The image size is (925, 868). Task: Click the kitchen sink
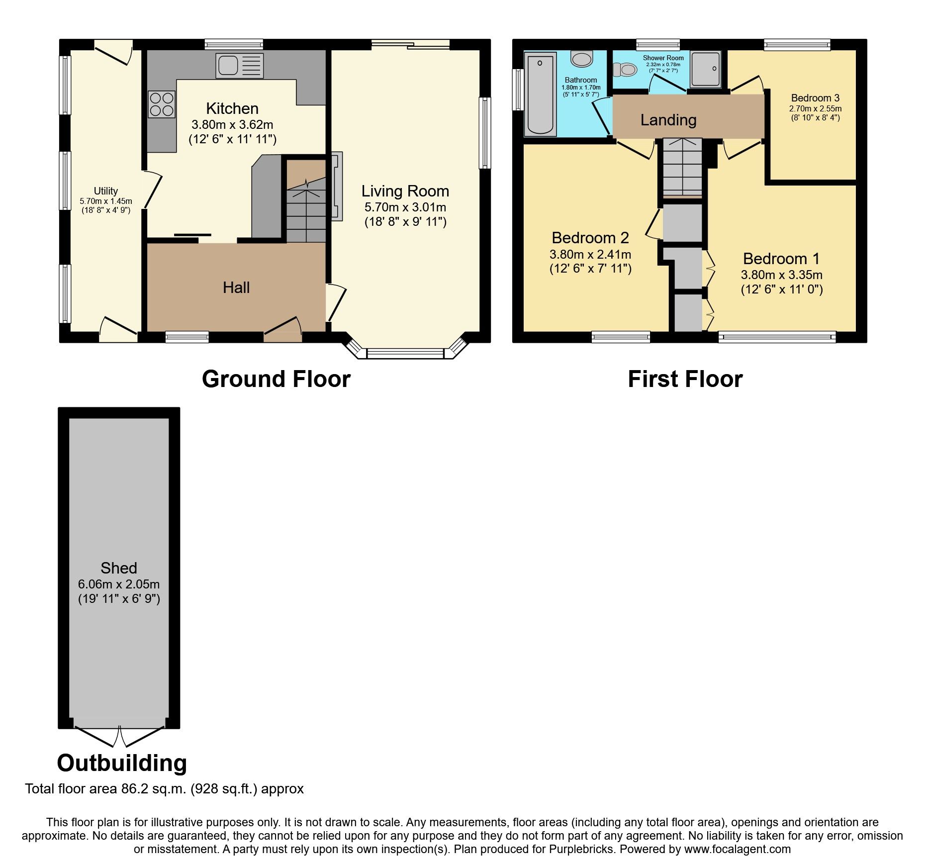(239, 66)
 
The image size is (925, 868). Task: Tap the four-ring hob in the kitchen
(162, 104)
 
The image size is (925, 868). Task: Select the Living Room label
(405, 191)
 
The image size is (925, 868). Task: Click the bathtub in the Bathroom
(540, 94)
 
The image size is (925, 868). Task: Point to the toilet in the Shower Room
(626, 70)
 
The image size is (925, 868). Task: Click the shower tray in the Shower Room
(706, 69)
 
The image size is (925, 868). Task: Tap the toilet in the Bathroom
(581, 59)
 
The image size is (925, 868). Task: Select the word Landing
(668, 120)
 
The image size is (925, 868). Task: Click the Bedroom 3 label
(815, 98)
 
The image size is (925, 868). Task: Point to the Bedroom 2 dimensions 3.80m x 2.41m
(590, 254)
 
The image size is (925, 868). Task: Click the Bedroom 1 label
(781, 259)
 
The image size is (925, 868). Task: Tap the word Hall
(236, 288)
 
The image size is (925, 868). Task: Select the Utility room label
(105, 191)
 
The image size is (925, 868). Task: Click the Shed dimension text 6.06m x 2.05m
(119, 584)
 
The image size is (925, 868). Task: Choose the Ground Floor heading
(276, 379)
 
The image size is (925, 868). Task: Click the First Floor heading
(685, 379)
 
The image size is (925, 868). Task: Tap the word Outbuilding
(122, 763)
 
